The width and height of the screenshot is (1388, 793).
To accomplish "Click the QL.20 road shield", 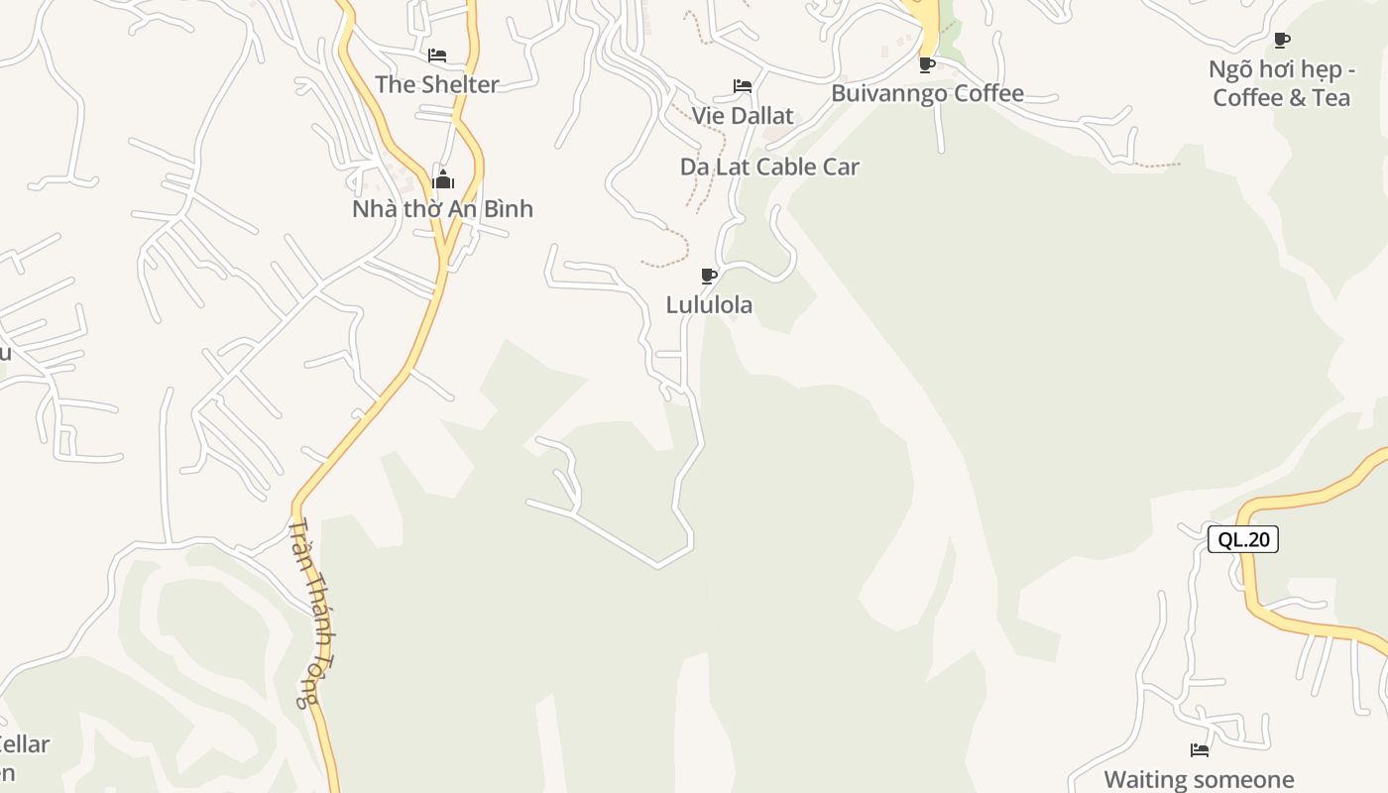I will point(1243,539).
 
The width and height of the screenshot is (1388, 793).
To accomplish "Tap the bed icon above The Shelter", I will point(437,56).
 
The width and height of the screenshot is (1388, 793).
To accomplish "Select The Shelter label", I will point(436,84).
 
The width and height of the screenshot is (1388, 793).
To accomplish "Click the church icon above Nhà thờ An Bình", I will point(443,179).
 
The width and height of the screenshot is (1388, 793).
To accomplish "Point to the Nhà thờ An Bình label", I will point(442,209).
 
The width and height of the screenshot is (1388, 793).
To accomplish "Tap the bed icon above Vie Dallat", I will point(742,86).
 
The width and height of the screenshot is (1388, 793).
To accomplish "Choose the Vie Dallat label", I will point(743,116).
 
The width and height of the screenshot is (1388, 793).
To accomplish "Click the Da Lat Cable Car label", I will point(769,167).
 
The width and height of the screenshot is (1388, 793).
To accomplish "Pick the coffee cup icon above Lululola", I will point(708,276).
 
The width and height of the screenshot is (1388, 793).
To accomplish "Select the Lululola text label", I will point(709,305).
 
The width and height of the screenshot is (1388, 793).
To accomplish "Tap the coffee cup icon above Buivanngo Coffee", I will point(927,65).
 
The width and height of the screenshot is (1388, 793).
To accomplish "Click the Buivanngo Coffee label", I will point(927,94).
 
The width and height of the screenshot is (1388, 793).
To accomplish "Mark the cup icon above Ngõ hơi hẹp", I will point(1282,41).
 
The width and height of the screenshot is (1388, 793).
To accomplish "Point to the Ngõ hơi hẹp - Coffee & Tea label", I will point(1281,83).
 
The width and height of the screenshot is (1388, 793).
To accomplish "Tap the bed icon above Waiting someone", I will point(1200,750).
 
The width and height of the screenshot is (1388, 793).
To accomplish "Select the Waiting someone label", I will point(1199,779).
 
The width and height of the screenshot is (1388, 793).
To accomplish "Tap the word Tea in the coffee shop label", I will point(1331,98).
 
